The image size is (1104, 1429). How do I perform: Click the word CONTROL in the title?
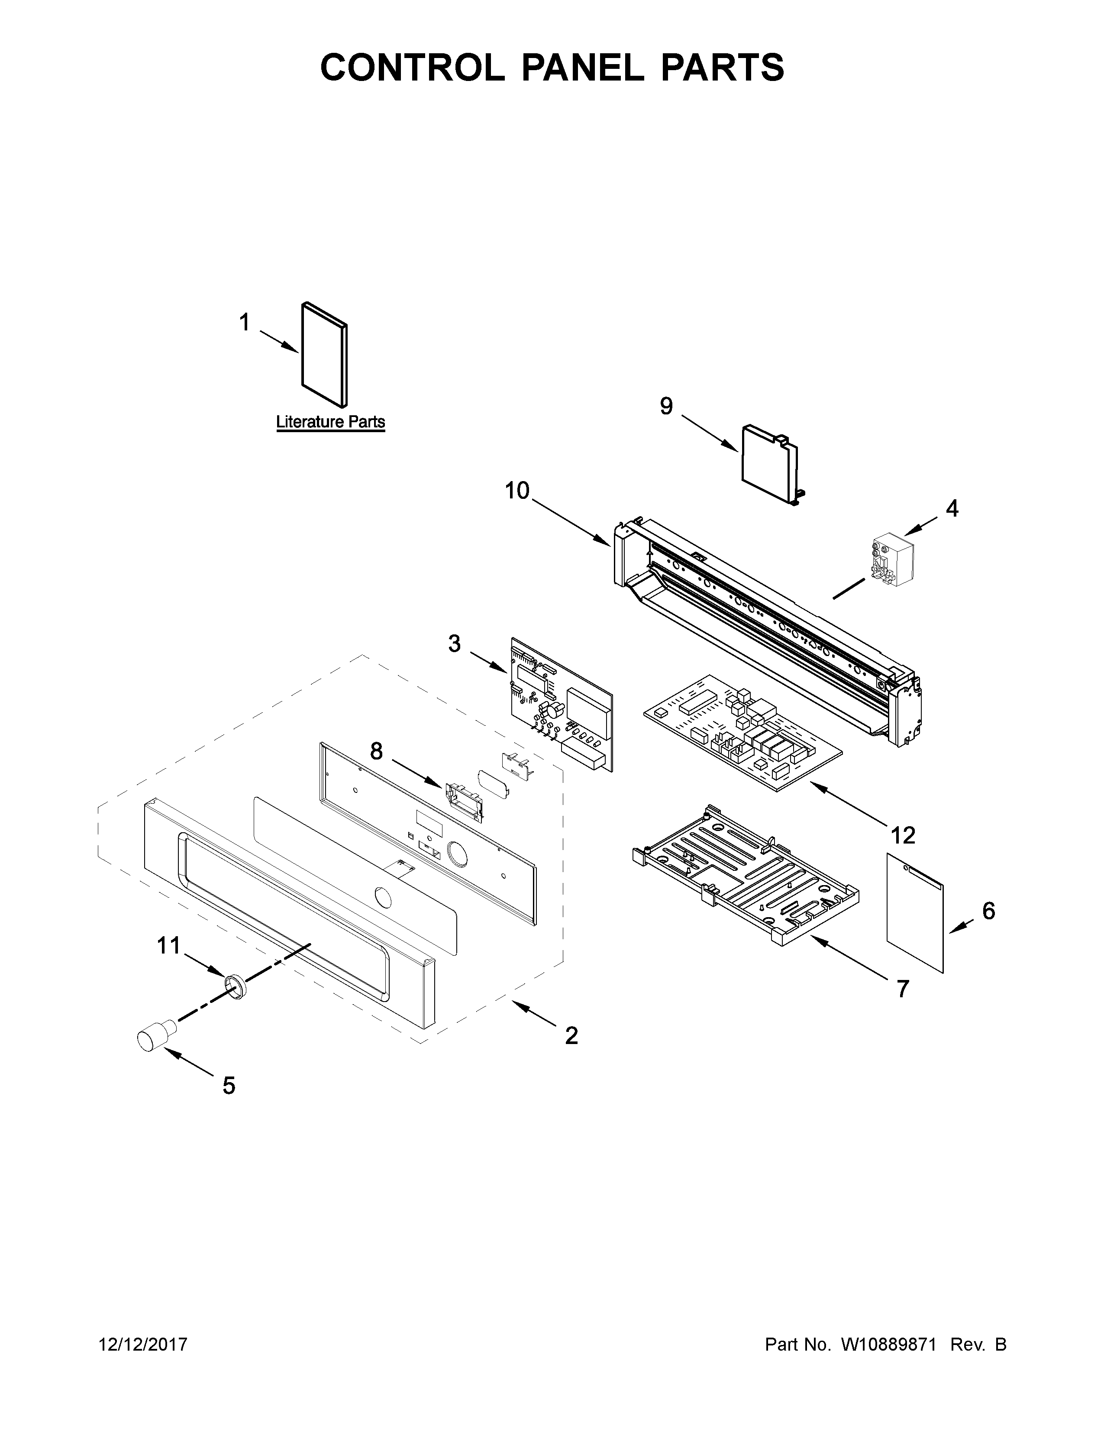coord(412,68)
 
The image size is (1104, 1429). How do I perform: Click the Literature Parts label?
coord(330,422)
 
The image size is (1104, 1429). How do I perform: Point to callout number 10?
coord(516,490)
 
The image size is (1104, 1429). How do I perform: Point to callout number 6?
coord(988,910)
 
